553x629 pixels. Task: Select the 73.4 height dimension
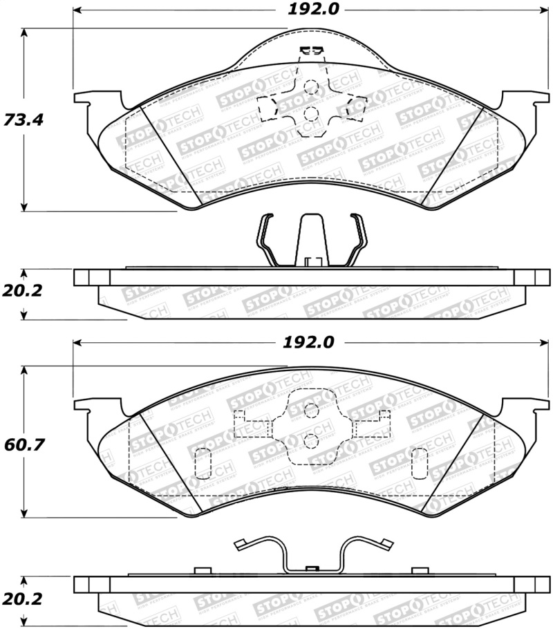click(24, 119)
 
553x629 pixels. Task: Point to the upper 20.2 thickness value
click(24, 291)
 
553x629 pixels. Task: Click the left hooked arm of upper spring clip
click(263, 238)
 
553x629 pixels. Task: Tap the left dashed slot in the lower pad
click(203, 462)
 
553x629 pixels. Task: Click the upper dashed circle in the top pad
click(311, 88)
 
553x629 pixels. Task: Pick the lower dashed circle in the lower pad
click(311, 440)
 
